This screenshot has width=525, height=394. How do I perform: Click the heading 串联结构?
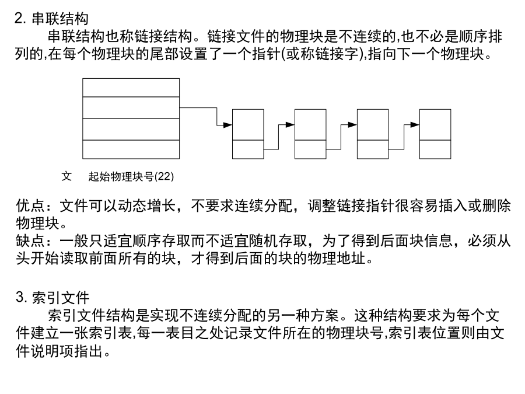pos(60,19)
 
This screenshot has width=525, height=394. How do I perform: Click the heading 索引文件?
pos(61,298)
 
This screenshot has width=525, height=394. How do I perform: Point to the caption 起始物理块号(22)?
pos(131,176)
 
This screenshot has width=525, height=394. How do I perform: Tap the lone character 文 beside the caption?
pos(66,176)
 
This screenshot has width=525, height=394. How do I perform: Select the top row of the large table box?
pos(131,88)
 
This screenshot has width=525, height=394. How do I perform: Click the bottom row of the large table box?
pos(131,149)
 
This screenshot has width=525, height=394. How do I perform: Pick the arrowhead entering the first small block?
pos(228,125)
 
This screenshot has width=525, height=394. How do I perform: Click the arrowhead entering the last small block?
pos(415,125)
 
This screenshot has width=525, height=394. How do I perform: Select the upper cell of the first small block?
pos(248,125)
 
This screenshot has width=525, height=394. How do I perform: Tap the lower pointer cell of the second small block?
pos(310,149)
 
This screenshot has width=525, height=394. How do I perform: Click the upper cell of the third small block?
pos(373,125)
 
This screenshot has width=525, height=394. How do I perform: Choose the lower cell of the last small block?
pos(435,149)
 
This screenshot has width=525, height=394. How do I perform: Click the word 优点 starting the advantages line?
pos(30,205)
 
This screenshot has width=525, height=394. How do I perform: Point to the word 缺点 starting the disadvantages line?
pos(30,240)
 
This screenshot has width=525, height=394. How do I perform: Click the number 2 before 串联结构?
pos(19,19)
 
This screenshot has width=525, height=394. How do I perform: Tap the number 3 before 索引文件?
pos(19,297)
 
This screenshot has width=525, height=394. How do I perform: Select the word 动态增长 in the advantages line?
pos(147,205)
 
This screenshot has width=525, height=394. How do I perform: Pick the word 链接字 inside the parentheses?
pos(337,54)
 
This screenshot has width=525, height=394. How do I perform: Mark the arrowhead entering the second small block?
pos(290,125)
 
